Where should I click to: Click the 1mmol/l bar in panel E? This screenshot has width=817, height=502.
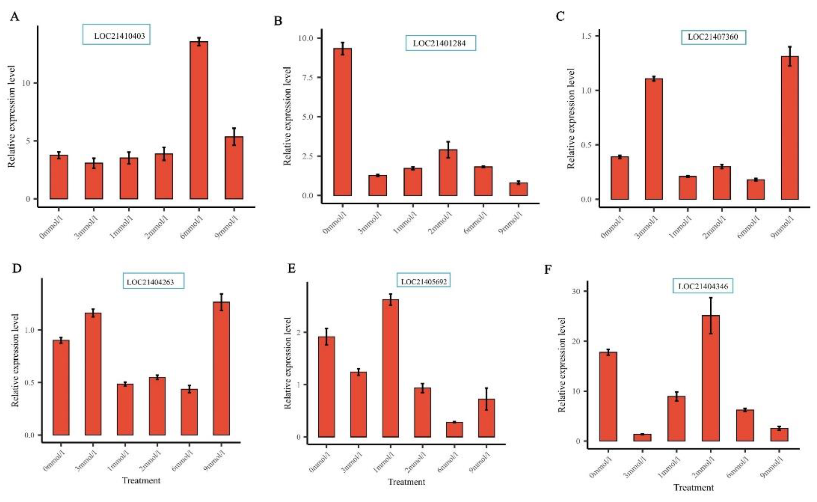391,368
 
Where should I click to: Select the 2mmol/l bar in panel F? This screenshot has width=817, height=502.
711,378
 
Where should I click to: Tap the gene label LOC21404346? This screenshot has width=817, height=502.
703,286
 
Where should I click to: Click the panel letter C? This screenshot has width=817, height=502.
560,16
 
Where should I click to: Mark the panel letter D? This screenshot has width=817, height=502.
16,268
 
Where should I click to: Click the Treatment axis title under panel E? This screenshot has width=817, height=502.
406,482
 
